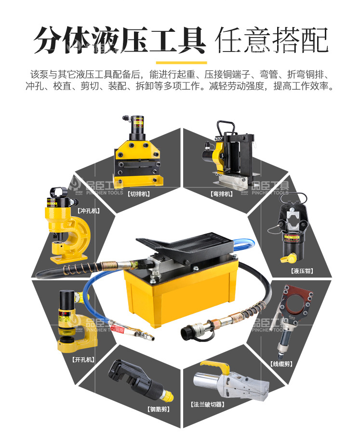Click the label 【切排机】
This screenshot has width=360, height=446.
[x=138, y=194]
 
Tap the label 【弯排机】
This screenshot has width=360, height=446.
[x=222, y=194]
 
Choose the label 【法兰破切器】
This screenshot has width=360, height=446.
[x=208, y=404]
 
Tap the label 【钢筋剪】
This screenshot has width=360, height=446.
[x=159, y=409]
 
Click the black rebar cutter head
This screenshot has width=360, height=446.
[x=126, y=375]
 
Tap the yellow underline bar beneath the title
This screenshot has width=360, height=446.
[x=181, y=62]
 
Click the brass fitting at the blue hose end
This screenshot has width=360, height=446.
[x=137, y=332]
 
